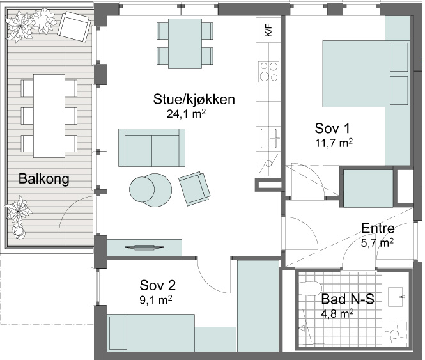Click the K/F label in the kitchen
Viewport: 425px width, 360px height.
click(x=268, y=30)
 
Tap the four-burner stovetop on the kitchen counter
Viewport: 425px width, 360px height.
click(x=268, y=72)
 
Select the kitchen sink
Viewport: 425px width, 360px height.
click(x=270, y=138)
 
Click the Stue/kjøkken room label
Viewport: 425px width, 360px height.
click(x=194, y=99)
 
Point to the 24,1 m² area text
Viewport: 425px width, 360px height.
click(x=186, y=114)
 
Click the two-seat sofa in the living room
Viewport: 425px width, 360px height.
click(x=152, y=148)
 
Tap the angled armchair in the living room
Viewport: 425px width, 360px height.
click(x=194, y=188)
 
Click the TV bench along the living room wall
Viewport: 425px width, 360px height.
click(x=144, y=247)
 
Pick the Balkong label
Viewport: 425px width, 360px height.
click(x=44, y=179)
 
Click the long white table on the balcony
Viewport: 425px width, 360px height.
click(x=49, y=116)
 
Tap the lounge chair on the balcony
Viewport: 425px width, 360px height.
click(x=73, y=27)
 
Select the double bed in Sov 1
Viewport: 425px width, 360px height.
click(x=366, y=74)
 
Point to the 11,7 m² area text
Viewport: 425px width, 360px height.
click(x=334, y=143)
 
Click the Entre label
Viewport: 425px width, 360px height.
click(x=378, y=228)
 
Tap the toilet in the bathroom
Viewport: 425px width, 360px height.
click(x=311, y=288)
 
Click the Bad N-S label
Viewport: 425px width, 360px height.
click(x=348, y=299)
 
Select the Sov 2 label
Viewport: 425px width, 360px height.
click(x=157, y=285)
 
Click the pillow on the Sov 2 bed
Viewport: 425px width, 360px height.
click(x=118, y=333)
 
